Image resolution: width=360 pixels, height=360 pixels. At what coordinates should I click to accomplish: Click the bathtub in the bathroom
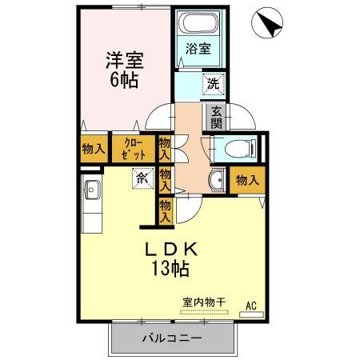(199, 24)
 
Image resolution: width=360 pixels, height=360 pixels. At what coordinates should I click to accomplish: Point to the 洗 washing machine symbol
(214, 82)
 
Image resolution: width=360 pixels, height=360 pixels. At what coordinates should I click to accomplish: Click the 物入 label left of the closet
(94, 148)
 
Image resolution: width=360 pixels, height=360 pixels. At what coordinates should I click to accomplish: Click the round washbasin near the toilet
(215, 179)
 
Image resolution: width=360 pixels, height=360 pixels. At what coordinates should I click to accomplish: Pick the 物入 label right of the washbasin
(247, 181)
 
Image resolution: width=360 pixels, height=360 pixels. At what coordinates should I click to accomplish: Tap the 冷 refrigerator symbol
(142, 178)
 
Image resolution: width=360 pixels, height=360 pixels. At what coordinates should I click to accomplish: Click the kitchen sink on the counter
(91, 192)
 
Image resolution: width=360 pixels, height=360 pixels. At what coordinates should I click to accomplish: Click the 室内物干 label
(203, 302)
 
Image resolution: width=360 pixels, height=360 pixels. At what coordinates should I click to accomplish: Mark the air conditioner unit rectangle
(251, 314)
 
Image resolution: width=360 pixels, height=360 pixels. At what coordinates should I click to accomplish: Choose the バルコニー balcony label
(171, 338)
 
